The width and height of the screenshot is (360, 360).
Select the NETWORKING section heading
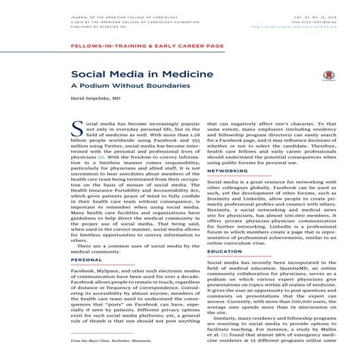pyautogui.click(x=227, y=171)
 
